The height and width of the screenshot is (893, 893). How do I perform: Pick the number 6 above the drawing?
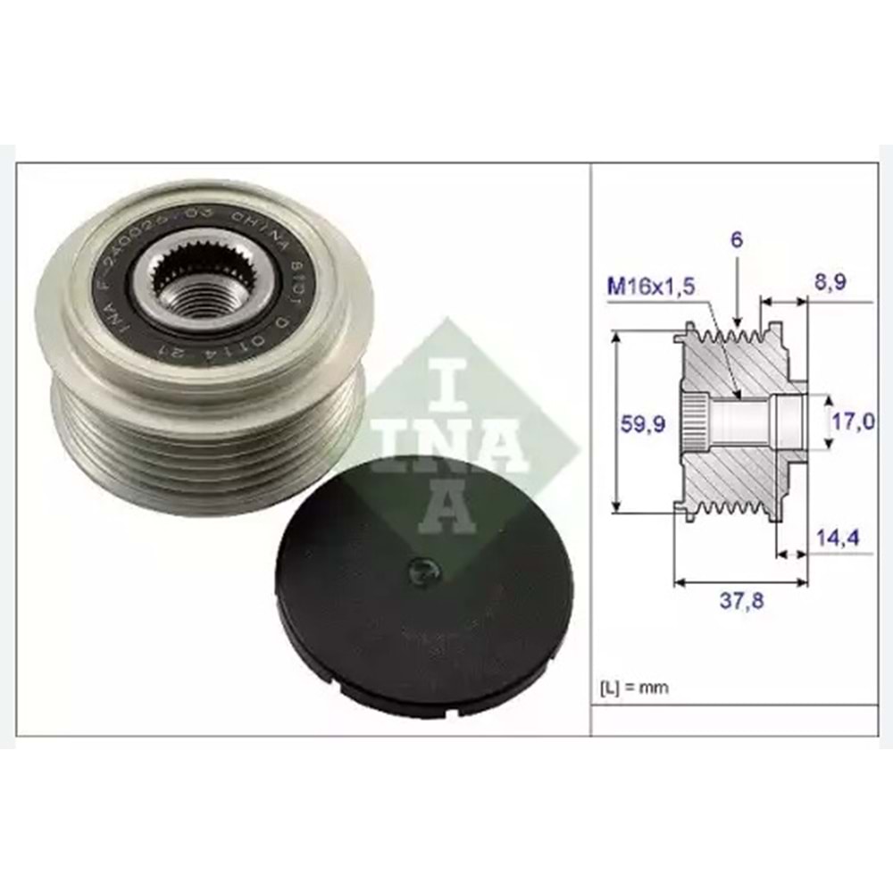[737, 240]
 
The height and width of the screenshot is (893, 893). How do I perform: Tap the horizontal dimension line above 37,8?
[740, 582]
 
